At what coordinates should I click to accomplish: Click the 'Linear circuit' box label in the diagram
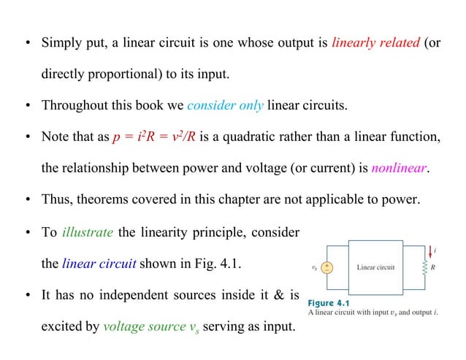point(375,267)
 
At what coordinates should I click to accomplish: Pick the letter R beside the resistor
point(434,267)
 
